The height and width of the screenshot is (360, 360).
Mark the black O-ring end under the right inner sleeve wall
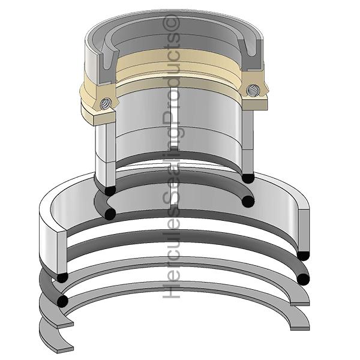[x=247, y=178]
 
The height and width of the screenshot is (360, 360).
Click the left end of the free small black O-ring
[x=110, y=214]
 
